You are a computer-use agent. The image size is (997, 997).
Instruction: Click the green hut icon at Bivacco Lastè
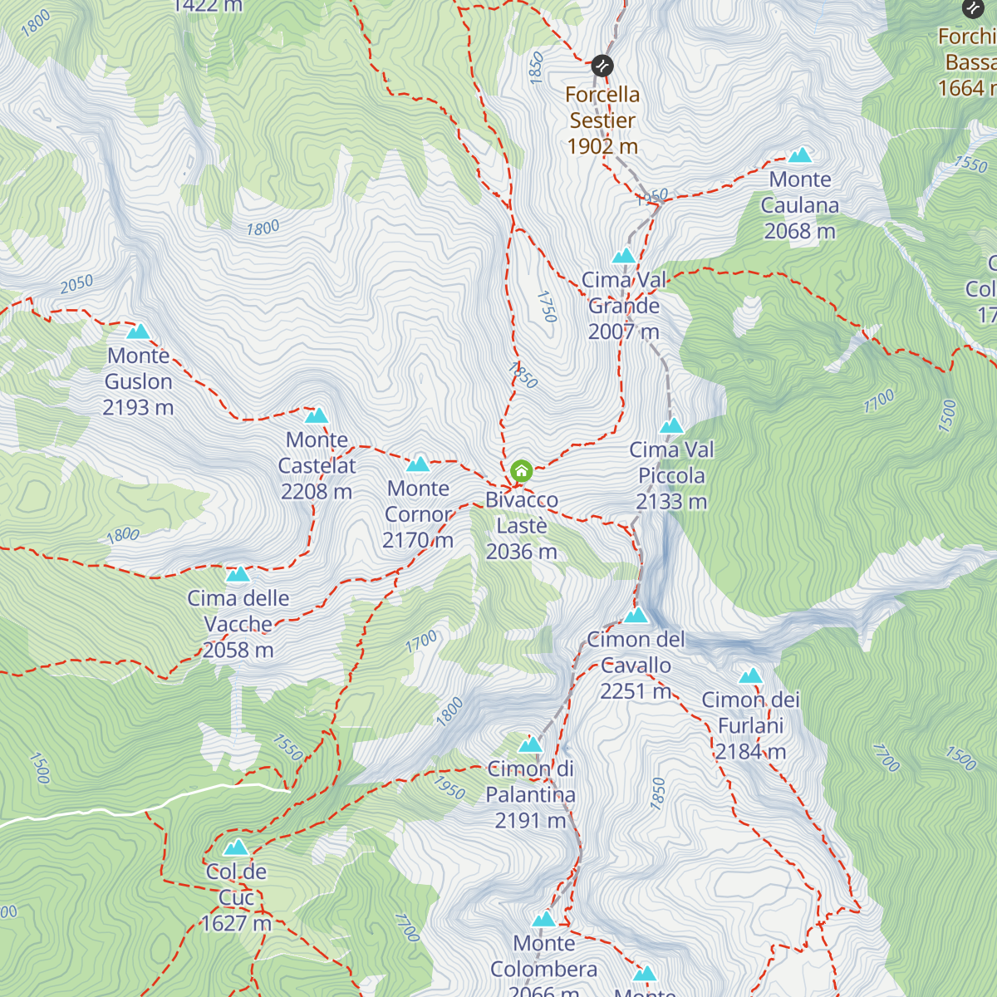tap(521, 472)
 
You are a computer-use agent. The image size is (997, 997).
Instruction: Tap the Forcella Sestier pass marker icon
tap(602, 65)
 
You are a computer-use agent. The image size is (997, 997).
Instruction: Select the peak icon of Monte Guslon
tap(138, 332)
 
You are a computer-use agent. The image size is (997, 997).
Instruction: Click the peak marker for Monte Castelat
tap(317, 415)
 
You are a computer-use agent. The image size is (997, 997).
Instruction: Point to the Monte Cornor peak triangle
tap(418, 464)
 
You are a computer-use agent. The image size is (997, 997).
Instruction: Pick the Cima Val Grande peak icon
tap(624, 256)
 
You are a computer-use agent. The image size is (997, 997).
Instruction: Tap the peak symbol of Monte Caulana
tap(800, 155)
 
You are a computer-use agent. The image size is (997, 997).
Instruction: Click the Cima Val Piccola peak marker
tap(671, 426)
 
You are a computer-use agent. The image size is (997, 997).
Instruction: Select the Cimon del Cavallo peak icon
tap(636, 616)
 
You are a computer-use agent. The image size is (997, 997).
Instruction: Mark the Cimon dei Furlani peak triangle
tap(750, 676)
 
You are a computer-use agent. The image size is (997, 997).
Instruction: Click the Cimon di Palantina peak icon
tap(530, 744)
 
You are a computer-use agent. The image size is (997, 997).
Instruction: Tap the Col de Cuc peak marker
tap(236, 847)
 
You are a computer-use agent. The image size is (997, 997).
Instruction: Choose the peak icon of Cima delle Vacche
tap(238, 574)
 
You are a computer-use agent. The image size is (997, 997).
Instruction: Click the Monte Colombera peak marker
tap(543, 920)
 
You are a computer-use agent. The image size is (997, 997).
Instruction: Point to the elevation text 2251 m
tap(636, 691)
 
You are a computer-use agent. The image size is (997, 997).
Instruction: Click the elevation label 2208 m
tap(317, 492)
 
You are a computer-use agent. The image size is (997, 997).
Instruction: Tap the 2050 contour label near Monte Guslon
tap(76, 284)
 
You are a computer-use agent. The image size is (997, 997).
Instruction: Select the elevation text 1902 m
tap(602, 146)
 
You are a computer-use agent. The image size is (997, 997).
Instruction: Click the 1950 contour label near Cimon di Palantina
tap(449, 787)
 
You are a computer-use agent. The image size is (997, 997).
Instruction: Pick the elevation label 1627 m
tap(236, 923)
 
